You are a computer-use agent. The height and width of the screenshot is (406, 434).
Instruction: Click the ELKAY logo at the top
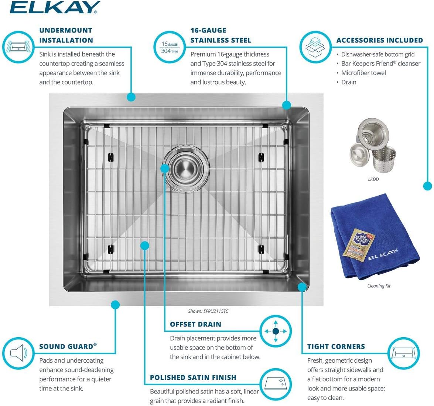coord(55,7)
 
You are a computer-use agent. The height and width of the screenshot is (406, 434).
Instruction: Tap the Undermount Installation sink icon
coord(18,47)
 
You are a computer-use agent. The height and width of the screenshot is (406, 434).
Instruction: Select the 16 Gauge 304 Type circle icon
coord(170,47)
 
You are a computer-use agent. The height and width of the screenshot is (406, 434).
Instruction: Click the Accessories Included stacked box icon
coord(315,47)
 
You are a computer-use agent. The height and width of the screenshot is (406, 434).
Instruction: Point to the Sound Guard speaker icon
coord(18,353)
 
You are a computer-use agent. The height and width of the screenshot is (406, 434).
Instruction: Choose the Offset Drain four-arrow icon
coord(276,331)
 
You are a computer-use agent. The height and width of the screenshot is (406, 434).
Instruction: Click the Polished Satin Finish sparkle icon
coord(276,384)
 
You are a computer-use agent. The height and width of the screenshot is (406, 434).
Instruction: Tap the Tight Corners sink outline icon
coord(404,353)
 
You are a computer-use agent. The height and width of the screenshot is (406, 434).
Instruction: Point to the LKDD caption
coord(373,179)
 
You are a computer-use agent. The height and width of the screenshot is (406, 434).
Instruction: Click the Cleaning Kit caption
coord(379,286)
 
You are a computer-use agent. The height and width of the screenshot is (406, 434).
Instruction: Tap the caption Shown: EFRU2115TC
coord(208,311)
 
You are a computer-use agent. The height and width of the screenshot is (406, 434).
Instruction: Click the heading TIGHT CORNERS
coord(336,346)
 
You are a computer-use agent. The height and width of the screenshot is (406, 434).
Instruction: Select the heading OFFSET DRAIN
coord(196,324)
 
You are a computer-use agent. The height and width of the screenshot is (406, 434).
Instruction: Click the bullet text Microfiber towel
coord(363,73)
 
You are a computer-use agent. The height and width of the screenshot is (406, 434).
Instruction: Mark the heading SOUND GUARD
coord(68,346)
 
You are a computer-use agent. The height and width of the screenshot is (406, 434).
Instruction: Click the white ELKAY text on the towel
coord(383,254)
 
